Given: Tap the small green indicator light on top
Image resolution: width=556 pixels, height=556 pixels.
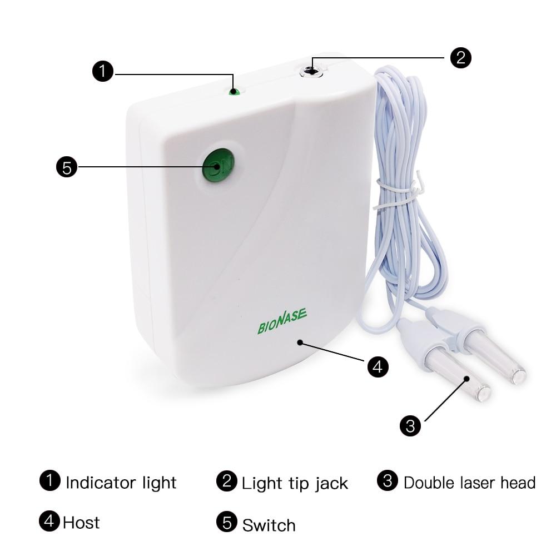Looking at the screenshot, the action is tap(234, 92).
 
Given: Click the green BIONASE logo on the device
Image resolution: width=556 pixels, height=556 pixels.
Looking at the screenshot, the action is tap(282, 321).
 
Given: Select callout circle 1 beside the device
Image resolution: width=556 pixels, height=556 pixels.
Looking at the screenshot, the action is tap(103, 71).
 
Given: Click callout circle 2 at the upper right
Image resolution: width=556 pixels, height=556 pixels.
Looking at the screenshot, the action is tap(460, 58).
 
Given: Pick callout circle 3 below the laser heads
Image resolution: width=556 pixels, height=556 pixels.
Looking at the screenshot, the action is tap(410, 425).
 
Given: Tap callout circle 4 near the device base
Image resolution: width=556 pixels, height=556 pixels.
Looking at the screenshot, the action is tap(378, 366).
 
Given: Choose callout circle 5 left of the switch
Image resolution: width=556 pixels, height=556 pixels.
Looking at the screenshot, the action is tap(67, 167).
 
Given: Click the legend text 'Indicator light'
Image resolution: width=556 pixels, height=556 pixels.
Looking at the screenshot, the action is tap(121, 483).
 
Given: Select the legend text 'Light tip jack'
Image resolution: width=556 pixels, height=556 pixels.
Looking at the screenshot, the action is tap(295, 484).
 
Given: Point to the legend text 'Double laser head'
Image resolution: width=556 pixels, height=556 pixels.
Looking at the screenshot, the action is tap(469, 483).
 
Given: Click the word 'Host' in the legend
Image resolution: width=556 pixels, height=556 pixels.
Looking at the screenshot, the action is tap(81, 523).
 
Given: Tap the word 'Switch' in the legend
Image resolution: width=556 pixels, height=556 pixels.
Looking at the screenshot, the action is tap(269, 525).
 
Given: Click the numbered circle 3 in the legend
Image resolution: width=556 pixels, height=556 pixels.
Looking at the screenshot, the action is tap(388, 481).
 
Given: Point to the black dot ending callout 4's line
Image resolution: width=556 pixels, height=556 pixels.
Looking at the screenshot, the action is tap(300, 342).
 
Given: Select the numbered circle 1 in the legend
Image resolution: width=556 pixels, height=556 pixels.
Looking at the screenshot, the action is tap(49, 481).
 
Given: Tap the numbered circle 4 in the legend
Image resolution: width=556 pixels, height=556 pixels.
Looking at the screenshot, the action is tap(49, 521).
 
